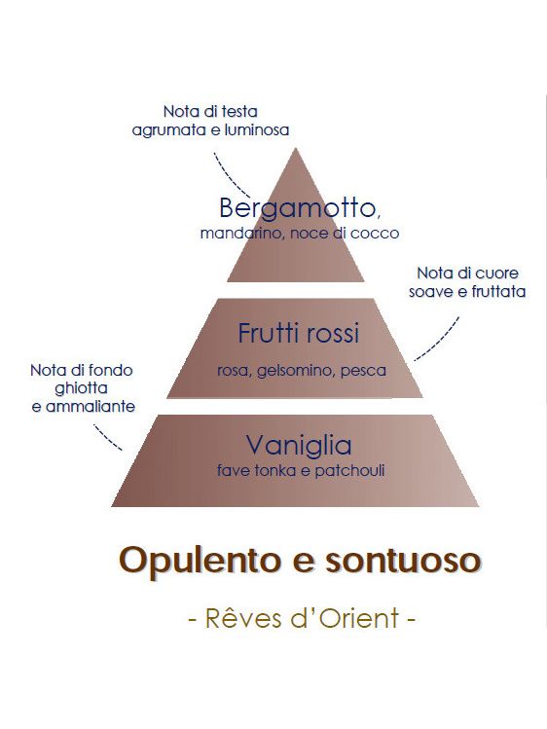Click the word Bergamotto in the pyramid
297,208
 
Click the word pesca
363,372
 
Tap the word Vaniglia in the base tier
299,446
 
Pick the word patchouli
349,470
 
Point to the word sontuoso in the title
403,561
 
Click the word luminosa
257,129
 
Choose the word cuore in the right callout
497,273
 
